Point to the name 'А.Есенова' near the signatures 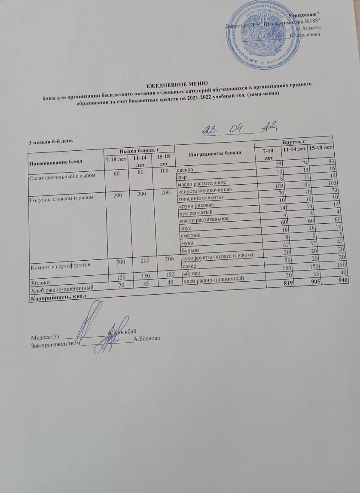(x=147, y=339)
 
